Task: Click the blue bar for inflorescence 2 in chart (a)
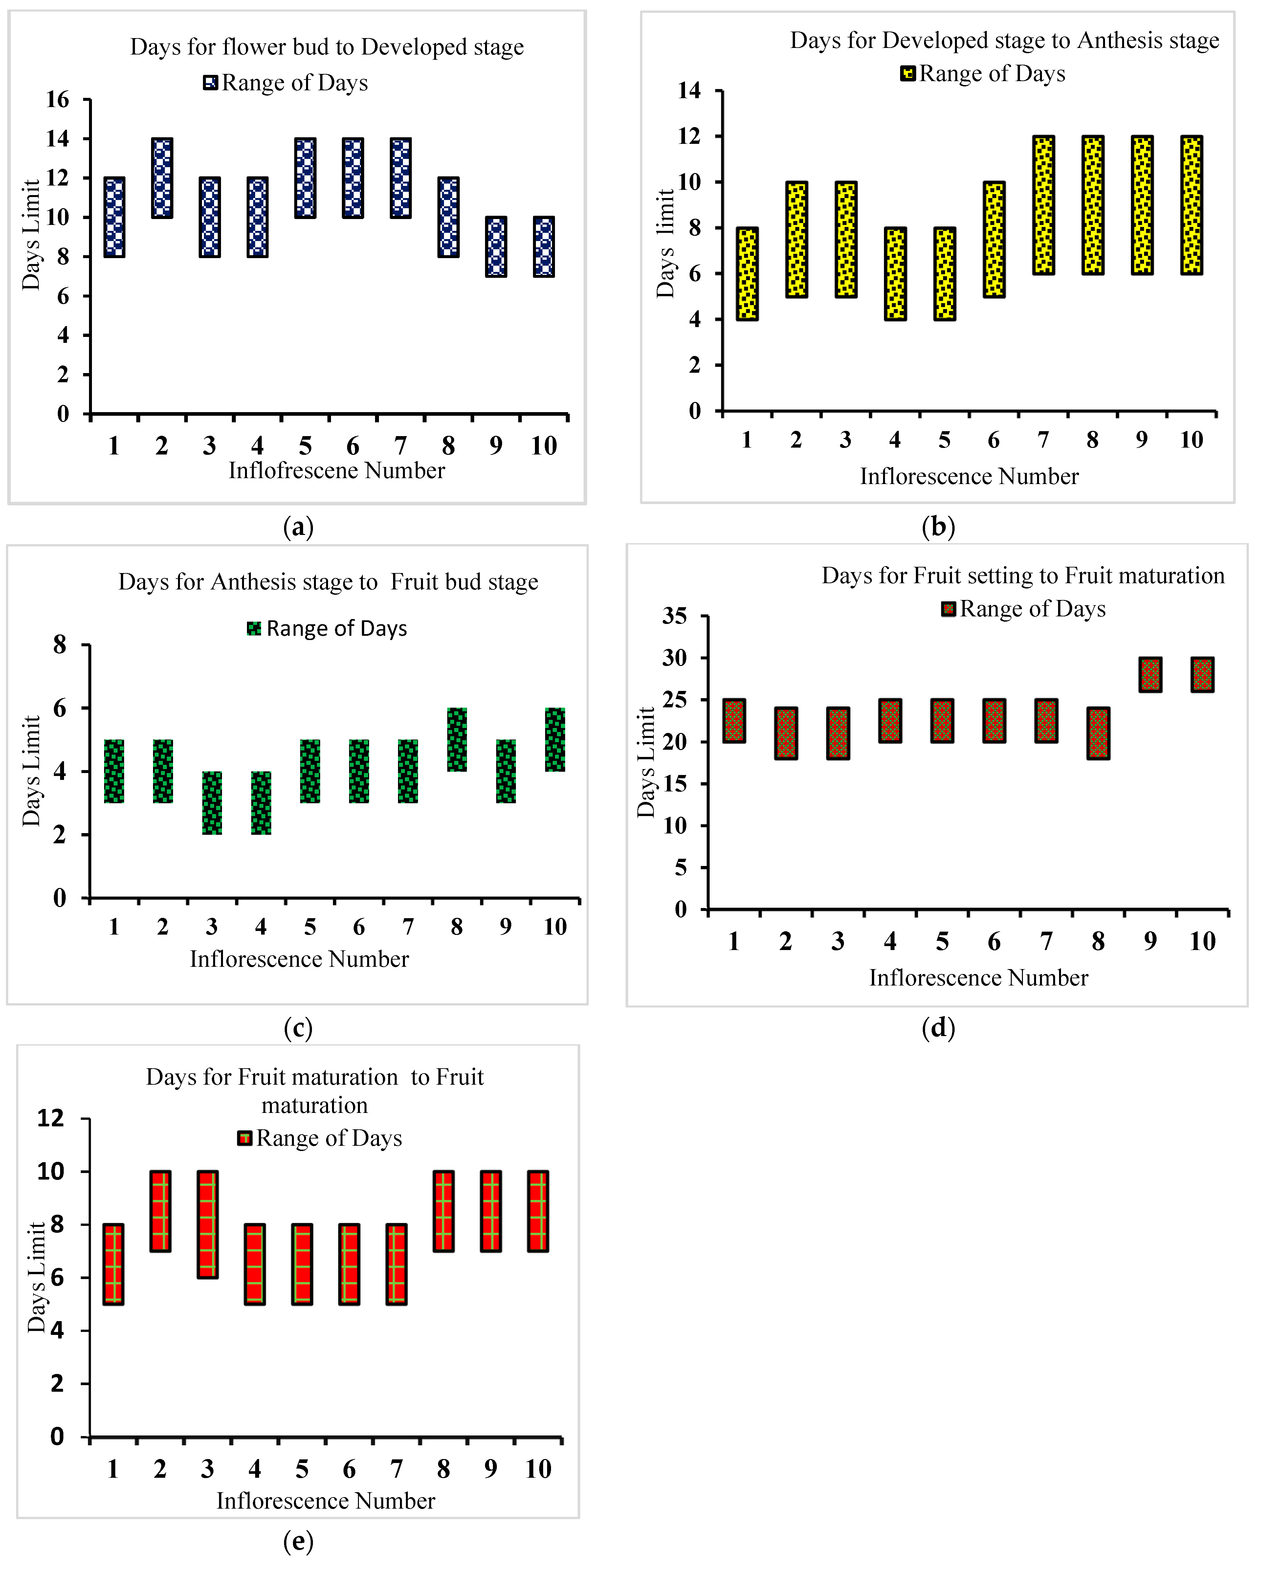(162, 178)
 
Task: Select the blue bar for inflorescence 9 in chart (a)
(496, 246)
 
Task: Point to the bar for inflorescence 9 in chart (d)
(1150, 675)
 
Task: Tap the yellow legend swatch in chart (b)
(907, 74)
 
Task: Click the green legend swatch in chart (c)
(254, 629)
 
